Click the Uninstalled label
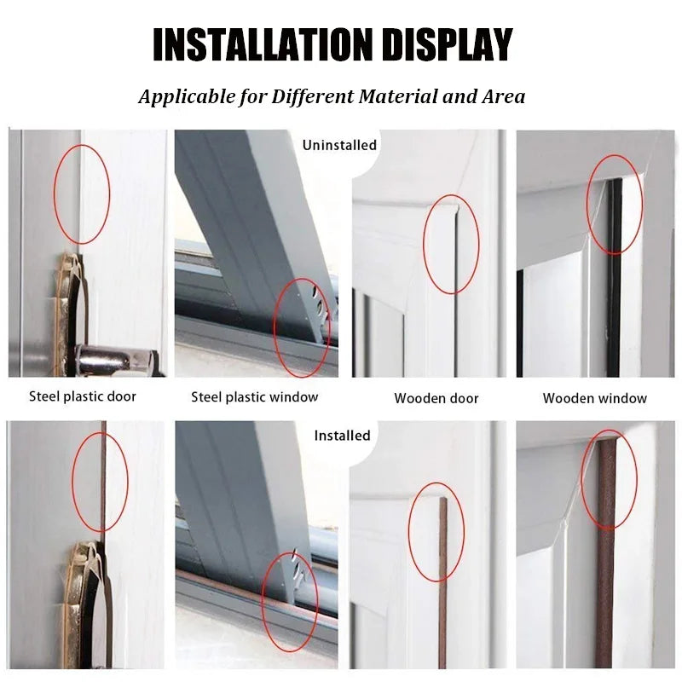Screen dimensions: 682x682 click(x=339, y=145)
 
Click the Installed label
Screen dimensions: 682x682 click(x=342, y=436)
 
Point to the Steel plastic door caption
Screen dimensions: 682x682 click(x=83, y=396)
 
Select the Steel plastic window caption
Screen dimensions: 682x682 click(x=254, y=396)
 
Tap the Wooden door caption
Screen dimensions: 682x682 click(x=436, y=398)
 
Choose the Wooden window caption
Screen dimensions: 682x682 click(x=595, y=398)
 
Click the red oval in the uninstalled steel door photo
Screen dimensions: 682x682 click(x=82, y=193)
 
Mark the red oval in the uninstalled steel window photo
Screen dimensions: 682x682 click(x=302, y=327)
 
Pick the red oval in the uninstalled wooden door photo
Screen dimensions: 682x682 click(x=452, y=245)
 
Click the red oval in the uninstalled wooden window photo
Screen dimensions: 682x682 click(x=614, y=205)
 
